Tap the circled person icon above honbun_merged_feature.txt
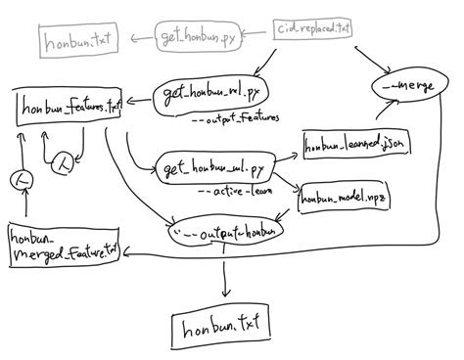coord(22,180)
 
